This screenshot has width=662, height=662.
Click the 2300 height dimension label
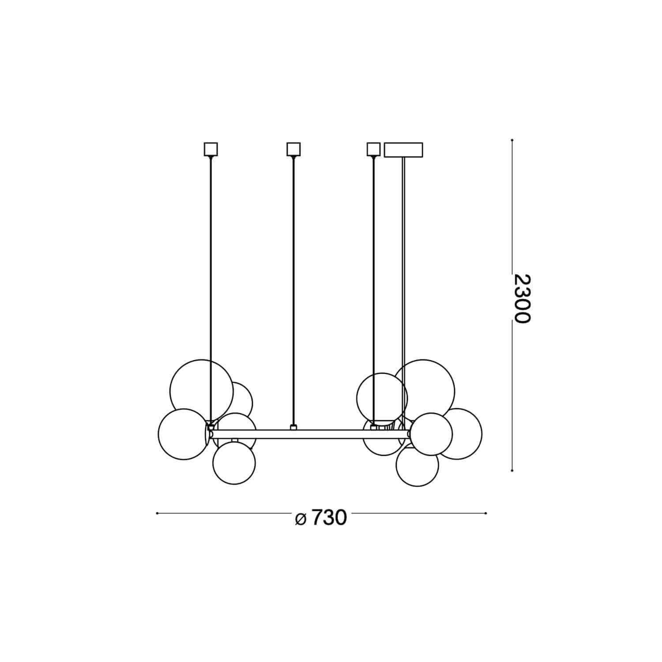[521, 299]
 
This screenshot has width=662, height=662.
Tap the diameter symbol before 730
[301, 519]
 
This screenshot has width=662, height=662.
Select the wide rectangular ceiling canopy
[403, 150]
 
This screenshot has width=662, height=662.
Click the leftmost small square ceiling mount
[211, 149]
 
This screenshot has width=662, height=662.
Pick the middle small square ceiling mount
[293, 149]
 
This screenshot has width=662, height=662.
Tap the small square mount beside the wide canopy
[373, 149]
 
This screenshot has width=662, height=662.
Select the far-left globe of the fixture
[183, 434]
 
